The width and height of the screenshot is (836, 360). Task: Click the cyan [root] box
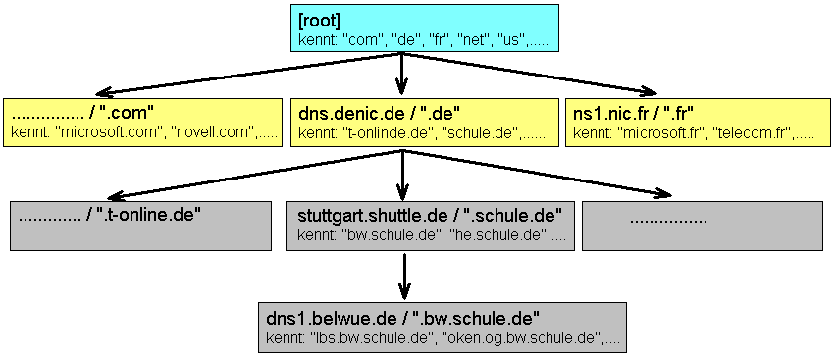[425, 28]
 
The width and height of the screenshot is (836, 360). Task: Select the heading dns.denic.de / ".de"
[380, 113]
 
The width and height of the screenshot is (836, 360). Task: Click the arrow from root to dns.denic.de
[402, 75]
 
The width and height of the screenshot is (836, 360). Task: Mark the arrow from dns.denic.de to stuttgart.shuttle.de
[402, 175]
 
